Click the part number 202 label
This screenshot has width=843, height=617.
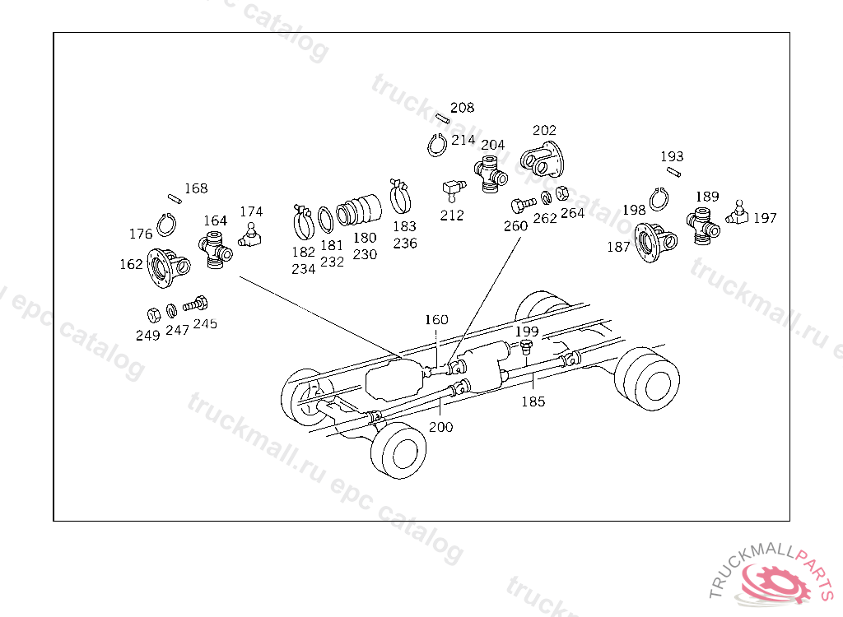point(544,130)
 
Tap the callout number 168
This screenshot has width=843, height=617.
point(196,188)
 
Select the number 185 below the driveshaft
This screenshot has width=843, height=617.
point(533,402)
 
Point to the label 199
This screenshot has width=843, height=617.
point(527,331)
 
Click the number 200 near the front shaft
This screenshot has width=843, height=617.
point(440,427)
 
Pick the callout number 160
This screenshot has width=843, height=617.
point(436,319)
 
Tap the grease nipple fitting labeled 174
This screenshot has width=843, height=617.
point(250,236)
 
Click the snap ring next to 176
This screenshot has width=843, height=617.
point(167,225)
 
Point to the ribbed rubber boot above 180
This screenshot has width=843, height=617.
point(359,209)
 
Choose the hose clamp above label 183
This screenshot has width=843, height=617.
point(400,196)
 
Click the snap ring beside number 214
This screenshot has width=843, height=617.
point(438,145)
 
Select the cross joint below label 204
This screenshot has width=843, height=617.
point(491,175)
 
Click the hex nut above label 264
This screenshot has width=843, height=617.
point(563,195)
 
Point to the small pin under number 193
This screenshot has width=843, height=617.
point(673,172)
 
